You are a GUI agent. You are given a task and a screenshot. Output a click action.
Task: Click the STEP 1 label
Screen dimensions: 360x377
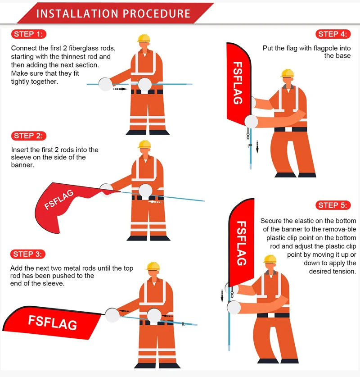[28, 34]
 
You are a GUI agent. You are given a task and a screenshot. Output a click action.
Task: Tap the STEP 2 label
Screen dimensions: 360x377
[28, 136]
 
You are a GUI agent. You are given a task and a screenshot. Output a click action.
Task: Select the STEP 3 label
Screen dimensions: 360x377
[28, 254]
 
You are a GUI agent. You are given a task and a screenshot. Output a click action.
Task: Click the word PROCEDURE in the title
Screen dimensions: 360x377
[157, 14]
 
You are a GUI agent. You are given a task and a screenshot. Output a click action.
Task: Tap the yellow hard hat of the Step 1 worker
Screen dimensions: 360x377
[144, 38]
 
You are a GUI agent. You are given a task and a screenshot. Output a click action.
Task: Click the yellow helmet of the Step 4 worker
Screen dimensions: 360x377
[287, 73]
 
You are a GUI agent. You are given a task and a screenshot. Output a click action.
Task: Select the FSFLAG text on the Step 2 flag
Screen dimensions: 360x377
[59, 200]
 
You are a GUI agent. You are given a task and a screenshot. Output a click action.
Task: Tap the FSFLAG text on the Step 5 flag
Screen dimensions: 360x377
[242, 243]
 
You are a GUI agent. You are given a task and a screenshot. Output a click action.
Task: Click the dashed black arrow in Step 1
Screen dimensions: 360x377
[120, 89]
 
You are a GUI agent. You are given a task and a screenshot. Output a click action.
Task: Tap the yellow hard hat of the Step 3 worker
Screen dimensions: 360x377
[153, 266]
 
